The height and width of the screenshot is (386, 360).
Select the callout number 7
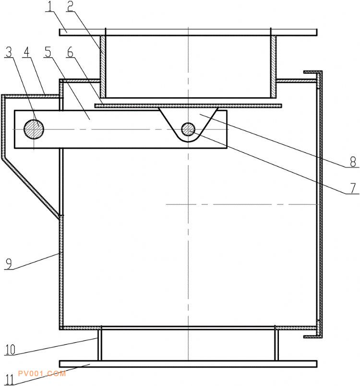pyautogui.click(x=353, y=187)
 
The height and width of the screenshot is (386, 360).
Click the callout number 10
pyautogui.click(x=10, y=350)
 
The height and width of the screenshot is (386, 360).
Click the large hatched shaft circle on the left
pyautogui.click(x=34, y=129)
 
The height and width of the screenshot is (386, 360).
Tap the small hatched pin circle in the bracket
pyautogui.click(x=188, y=129)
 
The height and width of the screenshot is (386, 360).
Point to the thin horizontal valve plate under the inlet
pyautogui.click(x=188, y=105)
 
